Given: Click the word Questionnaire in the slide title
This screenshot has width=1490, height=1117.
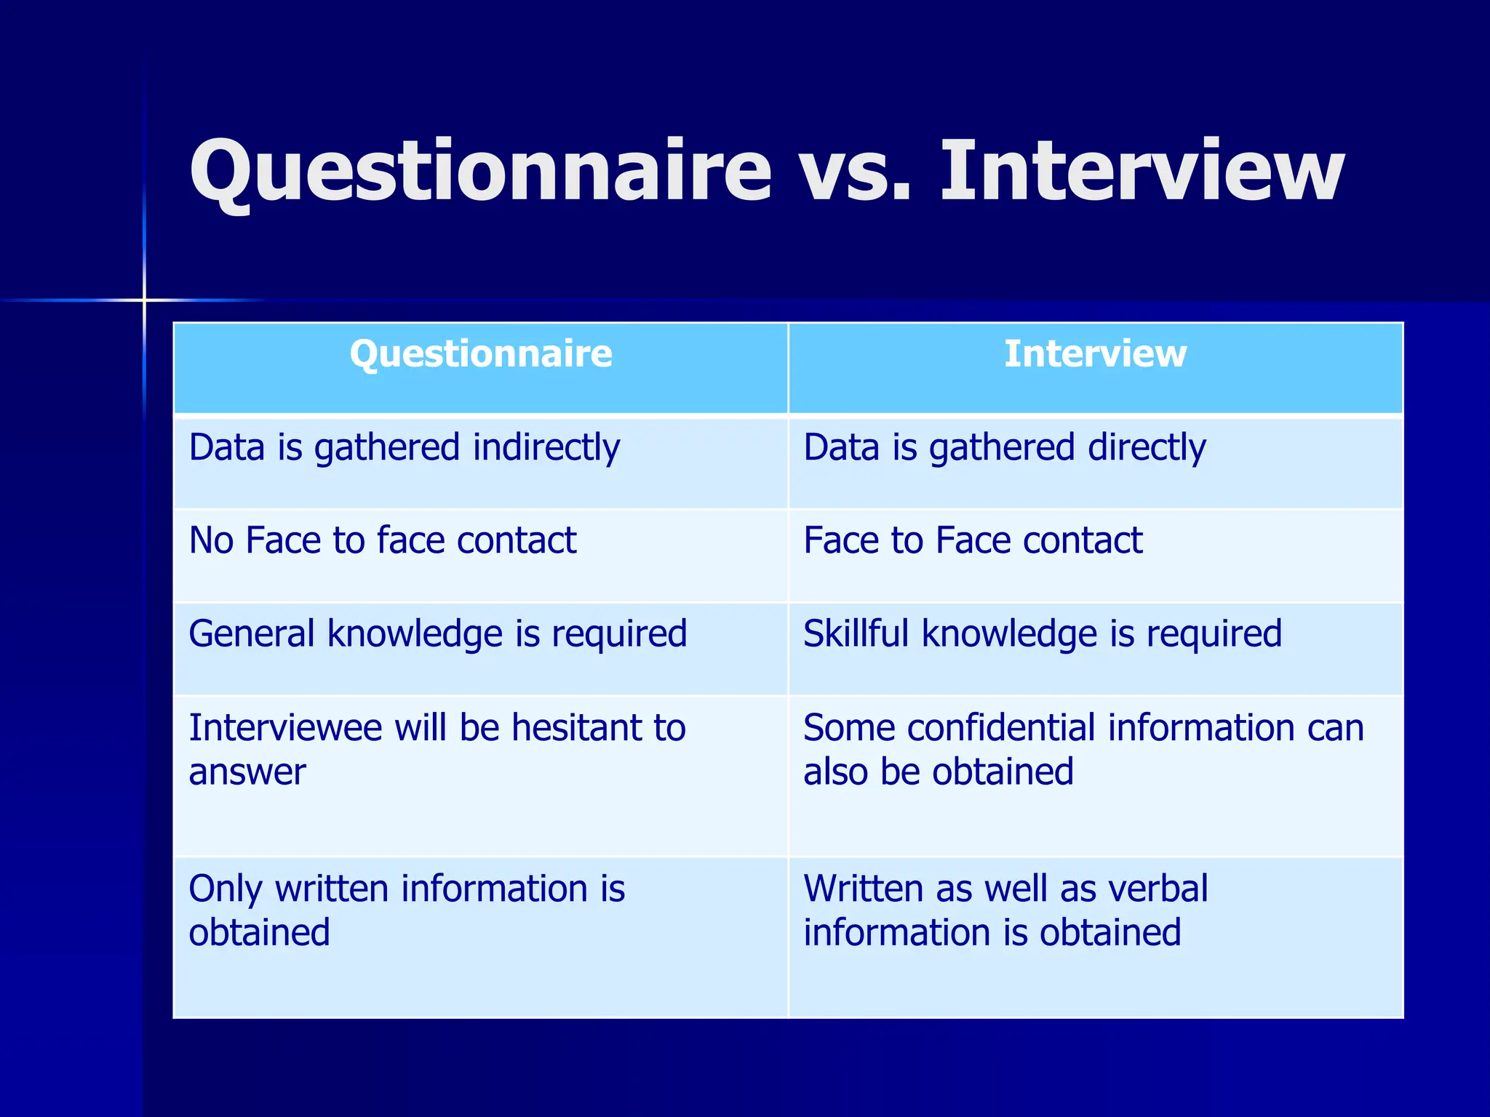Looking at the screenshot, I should tap(480, 172).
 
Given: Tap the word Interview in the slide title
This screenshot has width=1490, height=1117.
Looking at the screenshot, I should tap(1142, 172).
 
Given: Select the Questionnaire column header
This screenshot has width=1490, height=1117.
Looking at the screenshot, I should tap(481, 354).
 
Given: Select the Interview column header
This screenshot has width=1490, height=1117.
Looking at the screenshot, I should tap(1095, 354).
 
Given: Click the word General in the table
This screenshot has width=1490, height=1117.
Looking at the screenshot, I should tap(251, 633).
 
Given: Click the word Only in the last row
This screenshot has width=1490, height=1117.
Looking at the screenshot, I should tap(226, 889).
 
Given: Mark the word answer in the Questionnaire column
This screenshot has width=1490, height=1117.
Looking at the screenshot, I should tap(247, 772).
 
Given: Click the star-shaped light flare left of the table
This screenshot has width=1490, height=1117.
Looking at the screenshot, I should tap(144, 300).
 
